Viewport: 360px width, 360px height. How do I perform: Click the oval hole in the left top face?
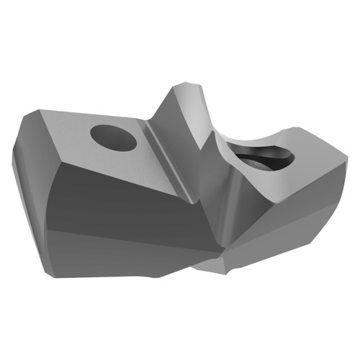(x=114, y=138)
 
